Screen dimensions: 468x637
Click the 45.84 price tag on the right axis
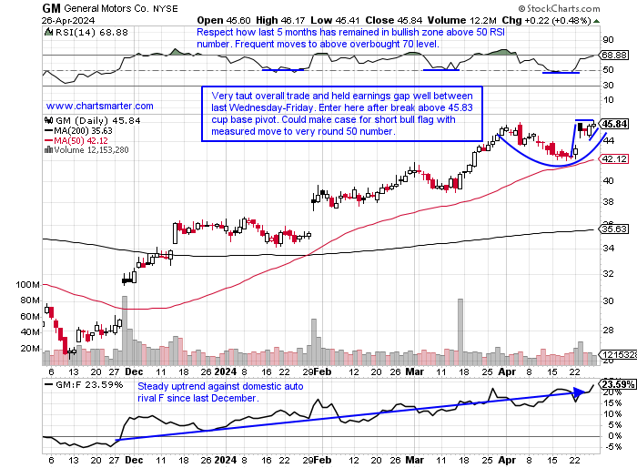[615, 124]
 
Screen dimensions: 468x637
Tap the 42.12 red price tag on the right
[615, 159]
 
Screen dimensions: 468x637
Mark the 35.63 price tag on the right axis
[615, 229]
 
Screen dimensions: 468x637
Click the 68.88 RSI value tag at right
[615, 56]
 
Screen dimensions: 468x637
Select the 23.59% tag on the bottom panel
[615, 383]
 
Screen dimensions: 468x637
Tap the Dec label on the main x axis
[133, 372]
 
